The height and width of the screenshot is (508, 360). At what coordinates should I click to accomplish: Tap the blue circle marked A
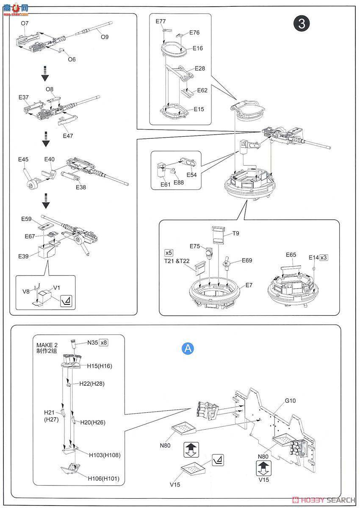tap(188, 348)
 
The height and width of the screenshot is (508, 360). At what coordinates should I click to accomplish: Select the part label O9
tap(105, 37)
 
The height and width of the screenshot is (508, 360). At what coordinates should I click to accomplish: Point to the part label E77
tap(161, 21)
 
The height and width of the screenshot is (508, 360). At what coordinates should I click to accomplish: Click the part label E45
tap(23, 160)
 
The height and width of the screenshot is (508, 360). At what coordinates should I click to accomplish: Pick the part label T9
tap(236, 233)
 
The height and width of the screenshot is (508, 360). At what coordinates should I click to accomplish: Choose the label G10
tap(290, 400)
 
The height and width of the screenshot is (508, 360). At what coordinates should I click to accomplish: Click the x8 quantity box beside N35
tap(103, 342)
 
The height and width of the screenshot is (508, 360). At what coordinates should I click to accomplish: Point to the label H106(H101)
tap(104, 479)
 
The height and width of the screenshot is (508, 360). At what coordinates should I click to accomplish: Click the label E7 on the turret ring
tap(249, 285)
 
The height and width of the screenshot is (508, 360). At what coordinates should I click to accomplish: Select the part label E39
tap(23, 256)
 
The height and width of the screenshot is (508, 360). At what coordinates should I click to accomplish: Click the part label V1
tap(57, 288)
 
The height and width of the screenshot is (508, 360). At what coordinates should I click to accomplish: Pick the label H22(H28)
tap(91, 384)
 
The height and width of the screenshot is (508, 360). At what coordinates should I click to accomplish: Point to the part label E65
tap(291, 255)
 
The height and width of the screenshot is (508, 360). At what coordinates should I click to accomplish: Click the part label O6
tap(72, 59)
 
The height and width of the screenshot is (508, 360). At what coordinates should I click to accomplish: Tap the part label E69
tap(247, 260)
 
